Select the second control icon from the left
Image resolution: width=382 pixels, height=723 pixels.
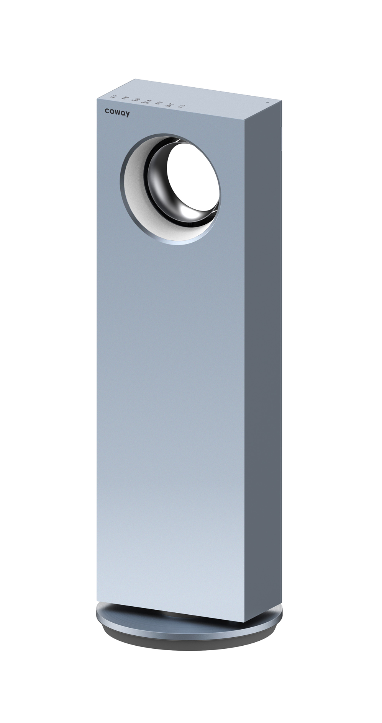126,98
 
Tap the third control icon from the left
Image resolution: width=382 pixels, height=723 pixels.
136,99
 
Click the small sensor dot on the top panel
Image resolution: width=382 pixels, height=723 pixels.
267,102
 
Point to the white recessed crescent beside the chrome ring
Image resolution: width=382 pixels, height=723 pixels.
134,184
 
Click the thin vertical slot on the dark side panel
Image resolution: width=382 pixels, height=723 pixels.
281,138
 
